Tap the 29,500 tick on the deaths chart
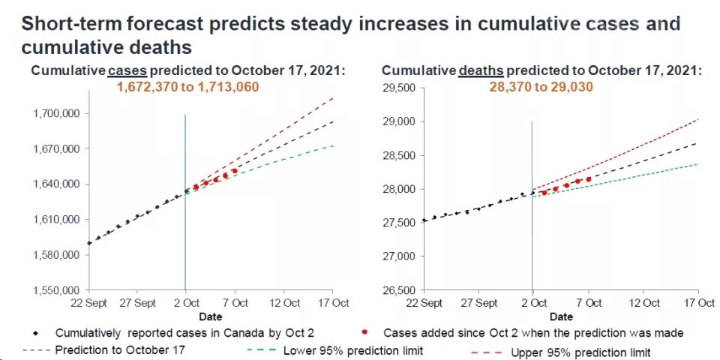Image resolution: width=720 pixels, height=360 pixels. [x=400, y=88]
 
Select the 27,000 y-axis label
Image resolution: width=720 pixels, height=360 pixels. [x=400, y=256]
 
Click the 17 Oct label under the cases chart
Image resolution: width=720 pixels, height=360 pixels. [x=334, y=303]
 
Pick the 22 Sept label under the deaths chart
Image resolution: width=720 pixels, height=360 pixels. [x=424, y=303]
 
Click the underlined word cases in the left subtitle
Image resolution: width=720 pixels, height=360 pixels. [x=127, y=70]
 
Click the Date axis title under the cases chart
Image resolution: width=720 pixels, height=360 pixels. [x=210, y=317]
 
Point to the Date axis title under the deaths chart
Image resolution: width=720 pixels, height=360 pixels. [x=561, y=317]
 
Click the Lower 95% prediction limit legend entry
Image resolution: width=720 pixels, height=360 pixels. [x=352, y=351]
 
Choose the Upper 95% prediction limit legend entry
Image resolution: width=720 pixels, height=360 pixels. [x=580, y=352]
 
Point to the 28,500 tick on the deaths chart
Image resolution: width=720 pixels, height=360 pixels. [x=400, y=156]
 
